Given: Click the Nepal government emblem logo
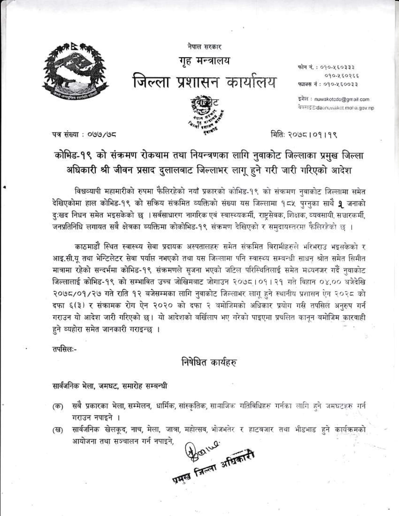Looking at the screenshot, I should point(75,70).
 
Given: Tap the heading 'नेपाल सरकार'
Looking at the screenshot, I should point(204,47).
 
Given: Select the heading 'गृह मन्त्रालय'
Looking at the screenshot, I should point(205,61).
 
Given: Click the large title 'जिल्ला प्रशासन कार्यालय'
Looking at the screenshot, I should point(204,82).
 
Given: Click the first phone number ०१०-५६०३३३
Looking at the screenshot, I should point(339,67).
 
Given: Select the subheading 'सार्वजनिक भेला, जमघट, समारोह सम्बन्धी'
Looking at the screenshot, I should point(110,386).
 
